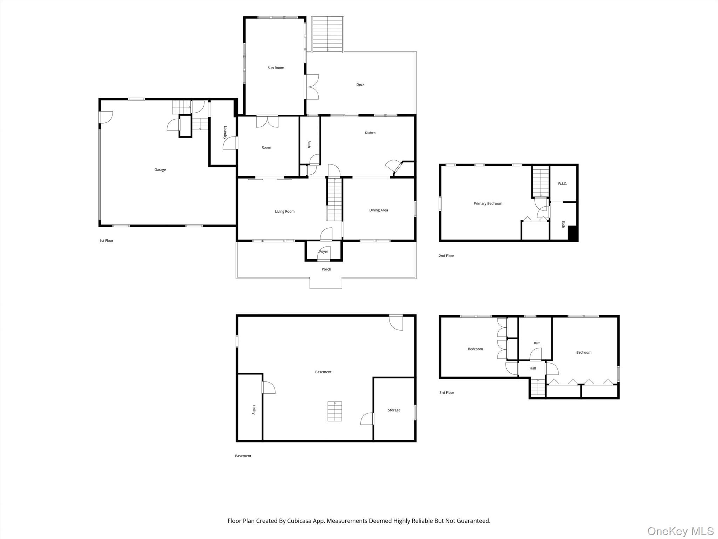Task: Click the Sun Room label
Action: pos(276,68)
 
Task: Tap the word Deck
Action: pos(360,85)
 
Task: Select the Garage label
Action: pos(160,170)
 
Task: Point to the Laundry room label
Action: pos(225,133)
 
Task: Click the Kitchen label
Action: pos(370,133)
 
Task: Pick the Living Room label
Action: pos(285,212)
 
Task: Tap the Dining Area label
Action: pos(379,210)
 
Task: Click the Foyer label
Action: pos(324,252)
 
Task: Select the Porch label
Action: pos(326,269)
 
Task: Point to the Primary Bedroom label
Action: pos(488,204)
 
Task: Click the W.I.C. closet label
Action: pos(562,184)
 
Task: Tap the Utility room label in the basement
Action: pos(254,410)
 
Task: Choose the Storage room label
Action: pos(394,410)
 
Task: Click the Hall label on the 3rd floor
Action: pos(533,368)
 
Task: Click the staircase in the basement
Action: pos(335,411)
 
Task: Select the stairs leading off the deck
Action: pos(327,34)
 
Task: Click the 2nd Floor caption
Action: pos(446,256)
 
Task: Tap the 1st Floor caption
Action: pos(106,241)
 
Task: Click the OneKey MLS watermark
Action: pos(680,531)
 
